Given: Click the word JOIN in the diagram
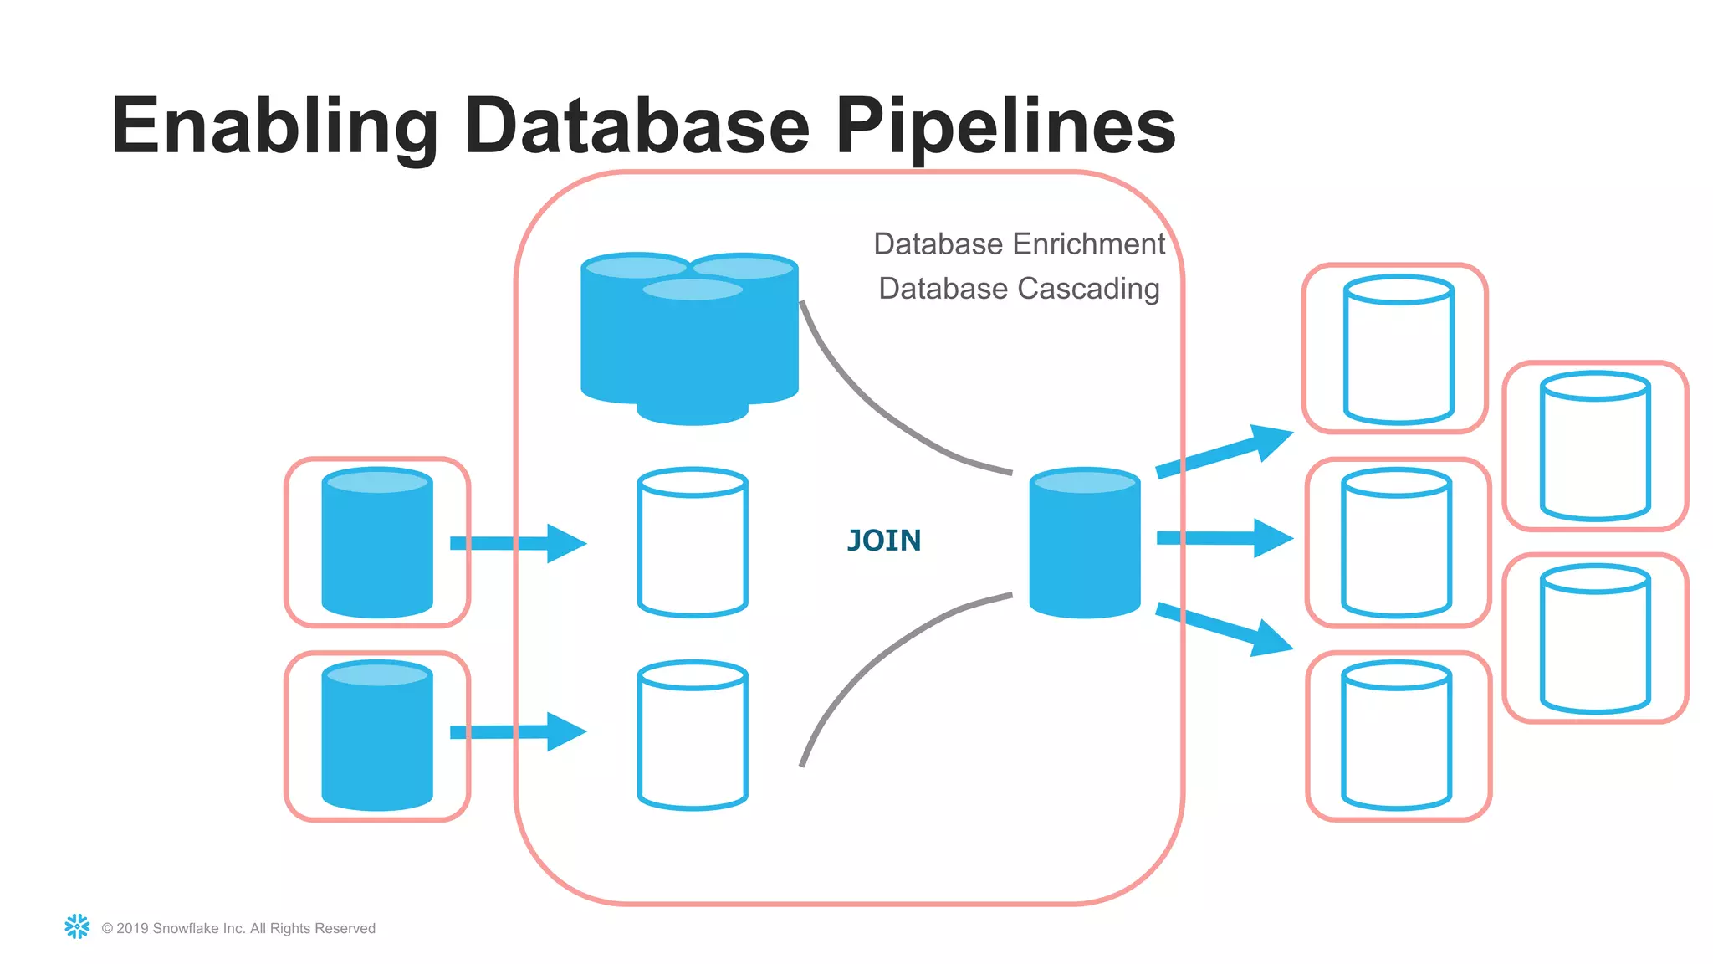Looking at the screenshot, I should point(884,541).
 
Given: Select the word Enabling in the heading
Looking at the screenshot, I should point(274,126).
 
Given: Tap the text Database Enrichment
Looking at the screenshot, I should point(1019,244).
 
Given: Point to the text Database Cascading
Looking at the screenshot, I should point(1019,289).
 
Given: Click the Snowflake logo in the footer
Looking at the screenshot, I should point(77,926).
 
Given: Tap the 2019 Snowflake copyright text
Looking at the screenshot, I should point(238,928).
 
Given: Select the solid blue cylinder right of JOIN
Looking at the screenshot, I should point(1084,544).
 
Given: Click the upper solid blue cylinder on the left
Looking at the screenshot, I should point(377,544).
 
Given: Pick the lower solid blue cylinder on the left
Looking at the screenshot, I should point(377,736).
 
